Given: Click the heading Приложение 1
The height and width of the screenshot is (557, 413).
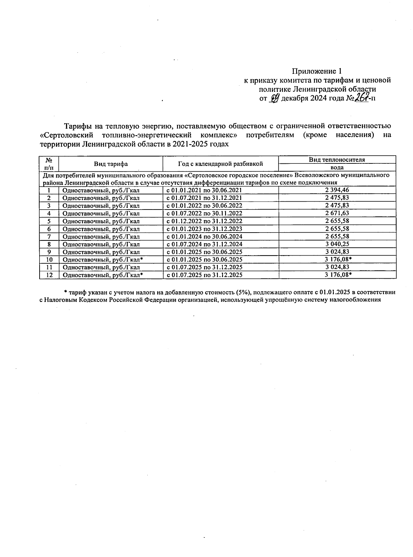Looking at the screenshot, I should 317,71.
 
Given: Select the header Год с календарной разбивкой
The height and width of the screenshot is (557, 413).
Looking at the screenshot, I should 220,164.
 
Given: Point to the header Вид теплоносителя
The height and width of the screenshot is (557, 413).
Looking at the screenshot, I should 337,160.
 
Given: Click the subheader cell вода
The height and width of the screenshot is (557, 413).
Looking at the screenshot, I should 337,168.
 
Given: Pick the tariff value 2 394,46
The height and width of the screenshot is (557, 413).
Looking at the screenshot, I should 337,190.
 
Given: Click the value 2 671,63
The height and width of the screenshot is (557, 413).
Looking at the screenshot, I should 337,213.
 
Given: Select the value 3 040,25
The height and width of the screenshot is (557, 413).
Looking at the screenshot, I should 337,244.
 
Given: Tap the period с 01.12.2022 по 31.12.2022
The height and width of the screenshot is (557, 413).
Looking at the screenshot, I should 204,221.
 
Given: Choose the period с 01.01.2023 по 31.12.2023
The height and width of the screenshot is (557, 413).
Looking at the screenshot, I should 204,229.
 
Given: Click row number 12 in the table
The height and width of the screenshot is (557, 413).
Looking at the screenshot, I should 49,275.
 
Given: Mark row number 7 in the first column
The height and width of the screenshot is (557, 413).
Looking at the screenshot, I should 49,237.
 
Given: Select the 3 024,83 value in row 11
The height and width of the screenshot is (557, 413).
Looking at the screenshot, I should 337,267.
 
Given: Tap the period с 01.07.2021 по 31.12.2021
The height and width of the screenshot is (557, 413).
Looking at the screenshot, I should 204,198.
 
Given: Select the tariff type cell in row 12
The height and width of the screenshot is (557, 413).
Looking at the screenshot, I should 103,275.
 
